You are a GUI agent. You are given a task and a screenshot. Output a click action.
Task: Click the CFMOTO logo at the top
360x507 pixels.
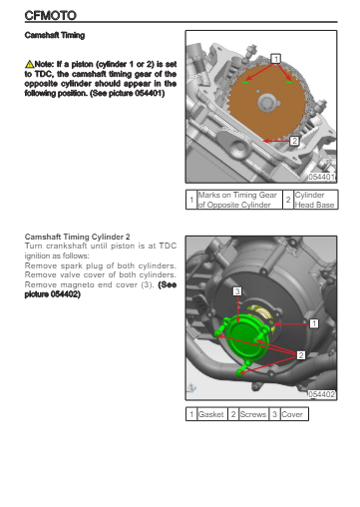(x=51, y=15)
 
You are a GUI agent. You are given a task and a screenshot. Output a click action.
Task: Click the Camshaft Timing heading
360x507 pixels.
(x=55, y=35)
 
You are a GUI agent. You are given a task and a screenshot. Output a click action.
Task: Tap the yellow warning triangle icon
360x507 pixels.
(x=29, y=64)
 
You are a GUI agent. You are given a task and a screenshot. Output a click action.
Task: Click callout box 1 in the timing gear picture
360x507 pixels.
(x=275, y=59)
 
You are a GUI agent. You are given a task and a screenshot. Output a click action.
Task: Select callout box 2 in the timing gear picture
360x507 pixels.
(x=294, y=141)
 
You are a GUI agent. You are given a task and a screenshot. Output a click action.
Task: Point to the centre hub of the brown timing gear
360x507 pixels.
(x=267, y=103)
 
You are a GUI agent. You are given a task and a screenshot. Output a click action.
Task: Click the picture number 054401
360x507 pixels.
(x=321, y=177)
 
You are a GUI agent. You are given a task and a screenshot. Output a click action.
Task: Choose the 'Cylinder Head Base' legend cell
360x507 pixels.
(x=316, y=200)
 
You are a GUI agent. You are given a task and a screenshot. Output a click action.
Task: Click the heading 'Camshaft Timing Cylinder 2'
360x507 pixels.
(x=77, y=237)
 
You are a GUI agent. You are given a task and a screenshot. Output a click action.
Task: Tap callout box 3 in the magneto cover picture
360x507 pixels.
(x=237, y=291)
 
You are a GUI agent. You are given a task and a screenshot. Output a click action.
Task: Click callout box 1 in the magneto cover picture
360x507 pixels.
(x=314, y=323)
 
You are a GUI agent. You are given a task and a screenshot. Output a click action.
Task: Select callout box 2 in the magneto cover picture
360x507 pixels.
(x=301, y=355)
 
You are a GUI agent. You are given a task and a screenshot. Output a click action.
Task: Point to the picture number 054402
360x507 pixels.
(x=321, y=394)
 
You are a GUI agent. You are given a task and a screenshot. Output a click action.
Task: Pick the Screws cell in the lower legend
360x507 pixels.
(x=253, y=414)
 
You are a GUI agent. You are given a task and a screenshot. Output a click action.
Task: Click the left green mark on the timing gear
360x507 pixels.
(x=245, y=82)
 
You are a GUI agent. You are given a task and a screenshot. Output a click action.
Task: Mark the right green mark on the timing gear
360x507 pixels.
(x=289, y=82)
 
